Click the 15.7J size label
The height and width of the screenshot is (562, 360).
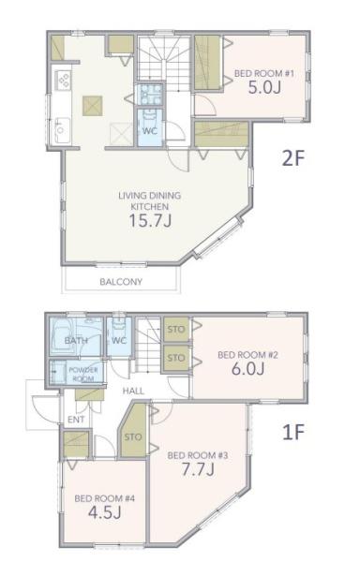[x=150, y=221]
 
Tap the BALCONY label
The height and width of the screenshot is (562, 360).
[x=121, y=282]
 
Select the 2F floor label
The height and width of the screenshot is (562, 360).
[x=292, y=158]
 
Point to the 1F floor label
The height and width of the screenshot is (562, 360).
[x=293, y=432]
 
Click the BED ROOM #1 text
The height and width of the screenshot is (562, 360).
[x=264, y=73]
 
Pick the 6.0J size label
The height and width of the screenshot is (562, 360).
[x=247, y=368]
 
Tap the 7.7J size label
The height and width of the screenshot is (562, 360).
[x=198, y=469]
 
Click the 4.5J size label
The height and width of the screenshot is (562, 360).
[x=104, y=512]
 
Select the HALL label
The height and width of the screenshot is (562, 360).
[x=133, y=391]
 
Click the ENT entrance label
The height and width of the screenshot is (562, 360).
[x=76, y=420]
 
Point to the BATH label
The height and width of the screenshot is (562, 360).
[x=76, y=341]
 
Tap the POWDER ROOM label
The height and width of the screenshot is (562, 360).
[x=83, y=374]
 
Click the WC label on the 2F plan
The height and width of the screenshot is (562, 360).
[x=150, y=131]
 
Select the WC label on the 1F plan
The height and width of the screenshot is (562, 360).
[x=119, y=341]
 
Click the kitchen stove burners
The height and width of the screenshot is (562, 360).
[x=63, y=80]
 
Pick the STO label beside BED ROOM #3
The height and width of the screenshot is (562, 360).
[x=133, y=436]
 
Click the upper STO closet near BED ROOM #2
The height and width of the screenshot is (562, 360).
[x=176, y=330]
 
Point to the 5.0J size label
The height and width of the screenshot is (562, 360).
[x=264, y=87]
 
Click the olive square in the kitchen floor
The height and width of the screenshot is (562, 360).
[x=93, y=106]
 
